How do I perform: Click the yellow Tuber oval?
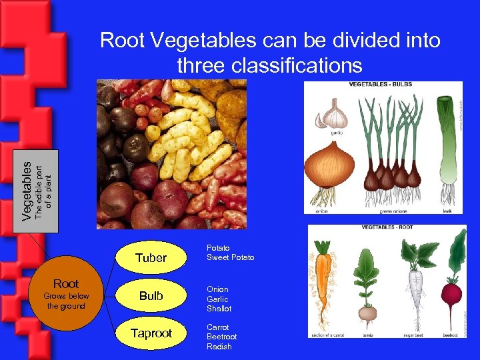coord(151,258)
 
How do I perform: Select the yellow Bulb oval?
coord(151,296)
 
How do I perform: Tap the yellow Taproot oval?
coord(151,333)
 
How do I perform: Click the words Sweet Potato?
coord(230,257)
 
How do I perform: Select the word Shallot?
coord(219,309)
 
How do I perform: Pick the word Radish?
coord(219,347)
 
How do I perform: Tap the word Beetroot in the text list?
coord(222,337)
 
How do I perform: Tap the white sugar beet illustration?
coord(415,280)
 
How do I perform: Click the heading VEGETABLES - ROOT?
coord(387,227)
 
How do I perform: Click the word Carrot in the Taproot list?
coord(217,327)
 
